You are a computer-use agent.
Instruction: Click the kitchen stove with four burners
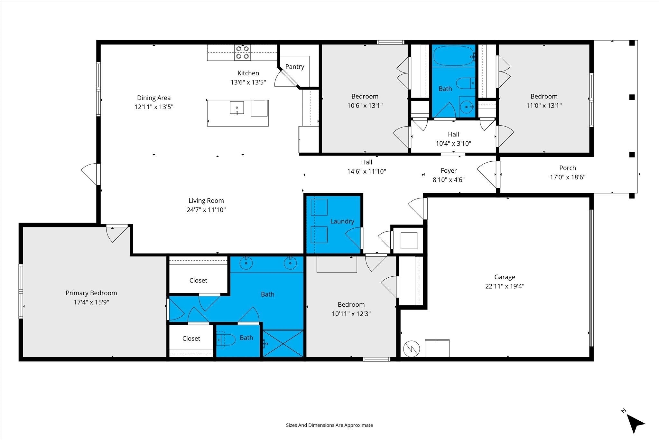coord(242,53)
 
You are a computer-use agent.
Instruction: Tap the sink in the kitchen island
coord(237,108)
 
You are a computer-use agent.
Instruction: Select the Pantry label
coord(295,67)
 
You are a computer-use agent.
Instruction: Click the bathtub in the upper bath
coord(454,56)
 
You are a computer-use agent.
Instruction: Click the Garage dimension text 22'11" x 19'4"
coord(505,286)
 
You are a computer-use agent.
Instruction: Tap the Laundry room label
coord(342,221)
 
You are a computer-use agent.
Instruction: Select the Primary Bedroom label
coord(91,293)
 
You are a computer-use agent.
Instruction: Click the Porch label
coord(568,168)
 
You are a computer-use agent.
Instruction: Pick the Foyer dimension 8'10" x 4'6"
coord(449,180)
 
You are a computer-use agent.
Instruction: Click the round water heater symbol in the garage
coord(412,349)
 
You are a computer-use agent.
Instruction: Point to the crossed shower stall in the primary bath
coord(283,343)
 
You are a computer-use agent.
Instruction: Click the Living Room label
coord(206,201)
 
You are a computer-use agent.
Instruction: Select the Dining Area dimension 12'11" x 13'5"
coord(154,107)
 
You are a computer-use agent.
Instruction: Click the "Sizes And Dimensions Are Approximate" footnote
coord(329,425)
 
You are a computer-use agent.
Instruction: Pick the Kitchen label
coord(248,73)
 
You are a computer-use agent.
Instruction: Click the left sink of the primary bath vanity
coord(246,263)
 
